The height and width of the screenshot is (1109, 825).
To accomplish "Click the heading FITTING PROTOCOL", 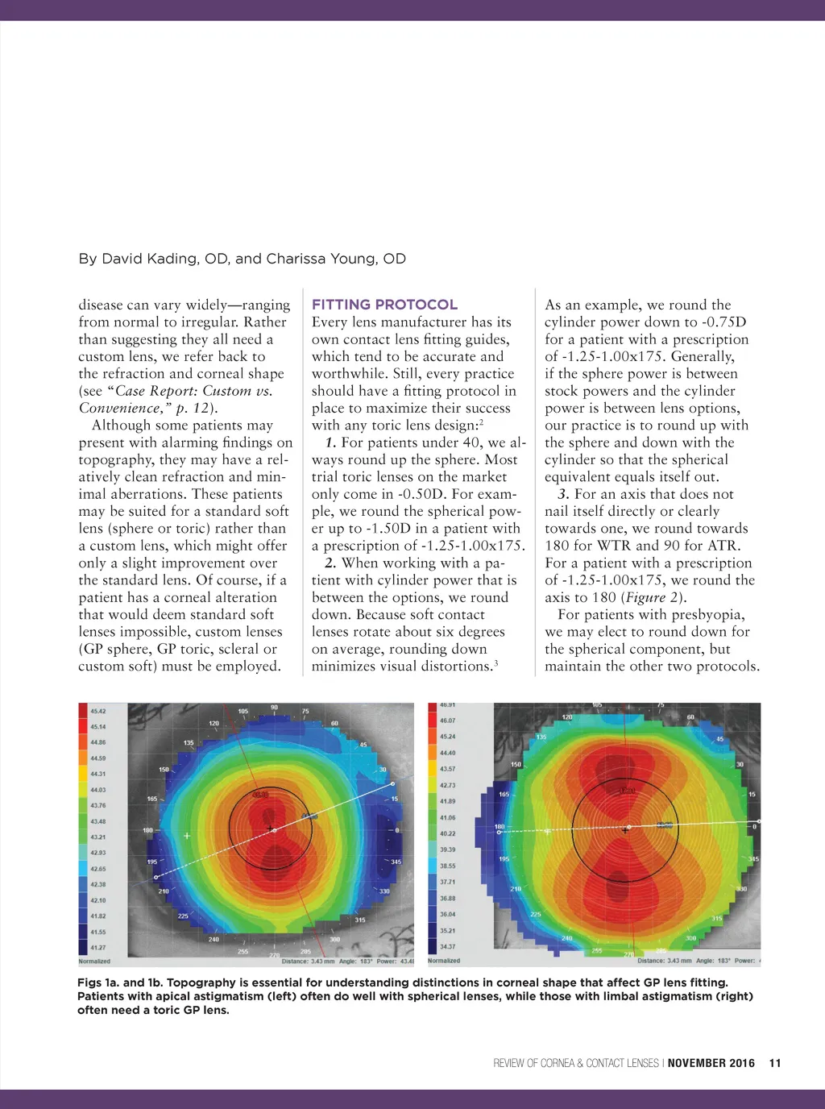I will click(x=384, y=305).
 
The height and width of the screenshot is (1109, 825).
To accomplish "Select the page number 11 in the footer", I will click(x=775, y=1063).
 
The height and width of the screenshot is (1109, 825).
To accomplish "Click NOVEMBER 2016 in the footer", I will click(x=711, y=1063).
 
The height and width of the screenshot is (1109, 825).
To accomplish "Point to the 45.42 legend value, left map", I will click(x=98, y=711).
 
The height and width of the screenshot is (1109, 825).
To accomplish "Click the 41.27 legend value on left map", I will click(x=98, y=948).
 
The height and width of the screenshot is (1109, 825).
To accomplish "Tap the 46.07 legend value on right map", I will click(x=447, y=721).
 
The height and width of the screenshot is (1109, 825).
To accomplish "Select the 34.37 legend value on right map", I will click(x=447, y=947).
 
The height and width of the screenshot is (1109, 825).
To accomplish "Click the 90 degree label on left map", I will click(x=274, y=708).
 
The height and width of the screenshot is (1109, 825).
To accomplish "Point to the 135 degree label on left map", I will click(x=189, y=742).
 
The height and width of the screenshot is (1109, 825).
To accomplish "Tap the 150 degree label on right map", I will click(x=516, y=764).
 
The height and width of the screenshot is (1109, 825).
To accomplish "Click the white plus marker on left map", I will click(x=187, y=836).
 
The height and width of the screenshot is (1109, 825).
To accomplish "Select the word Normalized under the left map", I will click(x=94, y=962).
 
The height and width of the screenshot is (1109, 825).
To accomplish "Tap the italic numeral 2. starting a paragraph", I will click(x=330, y=563).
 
